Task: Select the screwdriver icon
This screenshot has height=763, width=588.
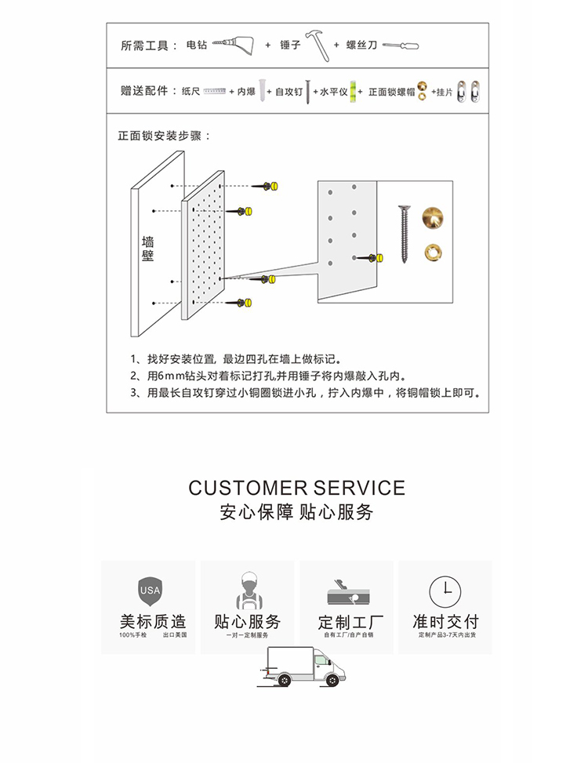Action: pyautogui.click(x=400, y=45)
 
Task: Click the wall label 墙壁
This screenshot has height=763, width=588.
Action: pyautogui.click(x=147, y=249)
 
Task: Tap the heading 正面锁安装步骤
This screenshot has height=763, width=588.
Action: pyautogui.click(x=164, y=136)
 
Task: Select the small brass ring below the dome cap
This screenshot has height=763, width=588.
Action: pyautogui.click(x=431, y=252)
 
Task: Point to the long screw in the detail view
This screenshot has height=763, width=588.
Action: pyautogui.click(x=405, y=234)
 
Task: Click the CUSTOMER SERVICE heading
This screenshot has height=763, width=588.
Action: pyautogui.click(x=296, y=488)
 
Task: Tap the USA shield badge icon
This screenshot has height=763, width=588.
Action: pyautogui.click(x=150, y=590)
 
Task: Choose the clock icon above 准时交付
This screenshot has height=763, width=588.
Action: pyautogui.click(x=445, y=590)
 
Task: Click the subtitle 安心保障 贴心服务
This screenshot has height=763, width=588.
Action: pyautogui.click(x=296, y=513)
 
